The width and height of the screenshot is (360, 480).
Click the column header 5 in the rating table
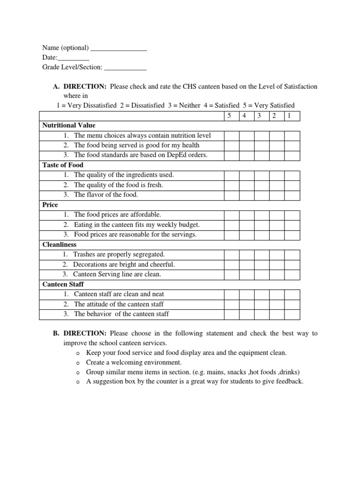pos(231,116)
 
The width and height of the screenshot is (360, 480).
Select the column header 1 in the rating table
pos(292,116)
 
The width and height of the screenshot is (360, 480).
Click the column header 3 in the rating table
pos(262,116)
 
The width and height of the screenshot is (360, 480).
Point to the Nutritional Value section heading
pos(68,126)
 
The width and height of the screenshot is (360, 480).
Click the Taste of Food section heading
pos(63,165)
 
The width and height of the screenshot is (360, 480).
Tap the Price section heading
pos(50,205)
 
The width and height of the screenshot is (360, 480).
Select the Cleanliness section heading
pos(59,244)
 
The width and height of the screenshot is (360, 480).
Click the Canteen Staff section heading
pos(63,284)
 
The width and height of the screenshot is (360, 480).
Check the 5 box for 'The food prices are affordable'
pos(231,215)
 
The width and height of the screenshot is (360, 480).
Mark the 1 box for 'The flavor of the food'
pos(292,195)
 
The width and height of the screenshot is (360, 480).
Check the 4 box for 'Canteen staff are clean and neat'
pos(247,294)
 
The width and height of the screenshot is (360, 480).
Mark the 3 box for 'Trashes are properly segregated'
pos(262,255)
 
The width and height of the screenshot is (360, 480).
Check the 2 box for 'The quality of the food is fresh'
pos(277,185)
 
